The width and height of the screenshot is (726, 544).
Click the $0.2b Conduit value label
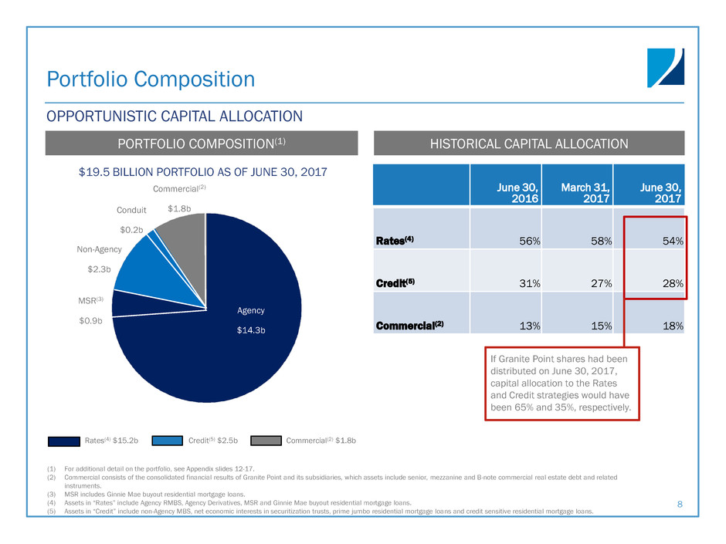(x=131, y=229)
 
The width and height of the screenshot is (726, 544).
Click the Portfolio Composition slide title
(x=151, y=79)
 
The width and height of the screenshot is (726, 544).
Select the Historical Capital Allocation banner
(x=537, y=143)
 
